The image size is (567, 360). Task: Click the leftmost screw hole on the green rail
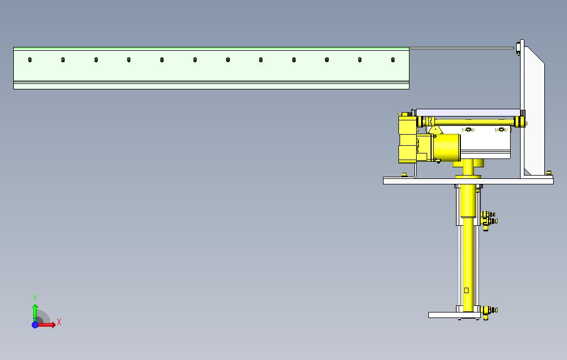[30, 60]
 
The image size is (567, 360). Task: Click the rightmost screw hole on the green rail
[393, 60]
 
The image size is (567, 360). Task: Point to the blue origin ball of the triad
[35, 325]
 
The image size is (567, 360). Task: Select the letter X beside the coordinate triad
[59, 322]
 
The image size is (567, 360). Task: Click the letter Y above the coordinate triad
[35, 298]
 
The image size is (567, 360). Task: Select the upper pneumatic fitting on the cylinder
[489, 218]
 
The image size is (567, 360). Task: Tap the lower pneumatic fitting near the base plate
[489, 311]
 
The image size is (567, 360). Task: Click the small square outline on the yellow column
[466, 290]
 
